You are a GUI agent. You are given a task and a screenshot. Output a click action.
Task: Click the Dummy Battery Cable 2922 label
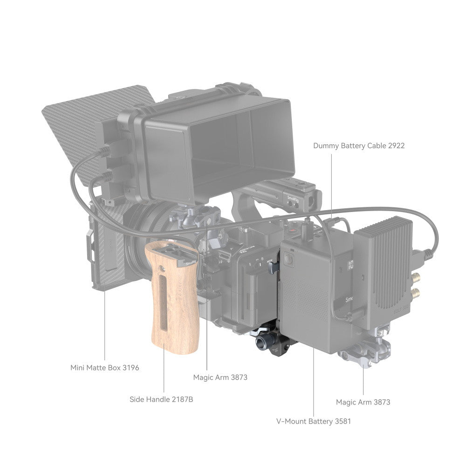pos(359,145)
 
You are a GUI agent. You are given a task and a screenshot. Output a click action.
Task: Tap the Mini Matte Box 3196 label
pos(104,368)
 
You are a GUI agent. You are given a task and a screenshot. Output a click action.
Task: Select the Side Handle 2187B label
pos(161,399)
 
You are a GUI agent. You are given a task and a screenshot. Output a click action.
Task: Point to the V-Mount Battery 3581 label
pos(314,421)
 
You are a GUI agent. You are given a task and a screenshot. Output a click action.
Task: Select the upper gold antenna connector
pos(416,278)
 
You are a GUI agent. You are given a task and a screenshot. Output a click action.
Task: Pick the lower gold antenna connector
pos(416,293)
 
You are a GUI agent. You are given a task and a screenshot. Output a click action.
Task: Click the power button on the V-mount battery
pos(288,259)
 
